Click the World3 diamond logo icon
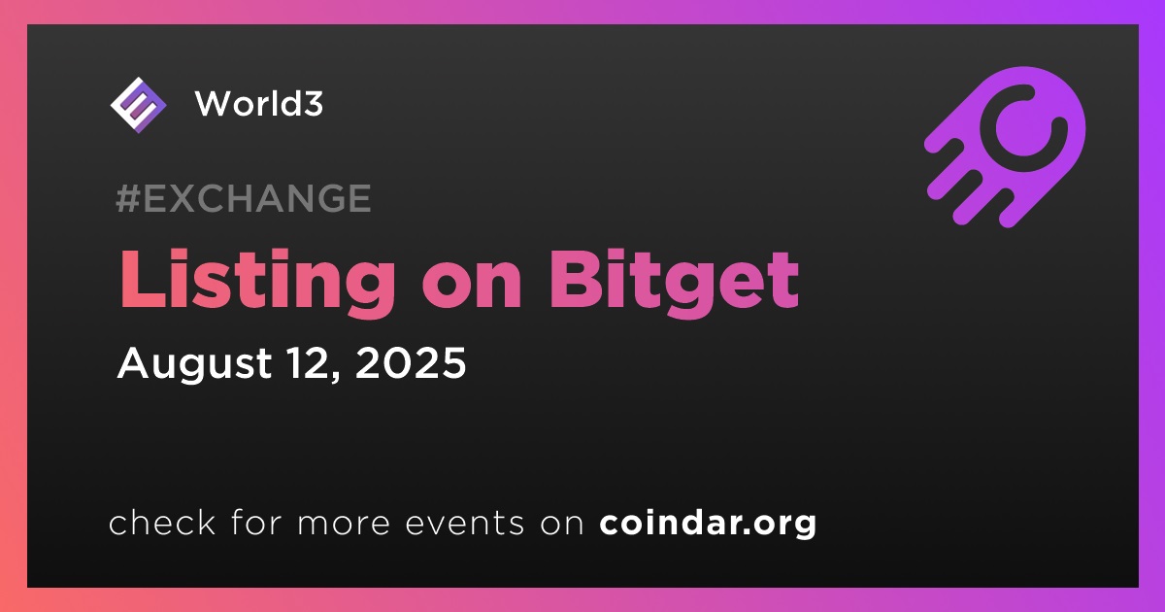(x=138, y=105)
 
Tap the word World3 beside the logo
(x=259, y=104)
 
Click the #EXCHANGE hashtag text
(x=244, y=198)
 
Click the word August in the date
(x=194, y=364)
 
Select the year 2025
(x=411, y=362)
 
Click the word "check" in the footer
(x=162, y=522)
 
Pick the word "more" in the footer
(x=344, y=526)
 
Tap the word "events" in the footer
(x=464, y=525)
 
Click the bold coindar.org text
(x=708, y=524)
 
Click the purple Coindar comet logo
(x=1005, y=148)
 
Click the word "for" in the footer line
(x=256, y=522)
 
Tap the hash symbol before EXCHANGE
(x=128, y=198)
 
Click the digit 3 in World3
(x=312, y=104)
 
